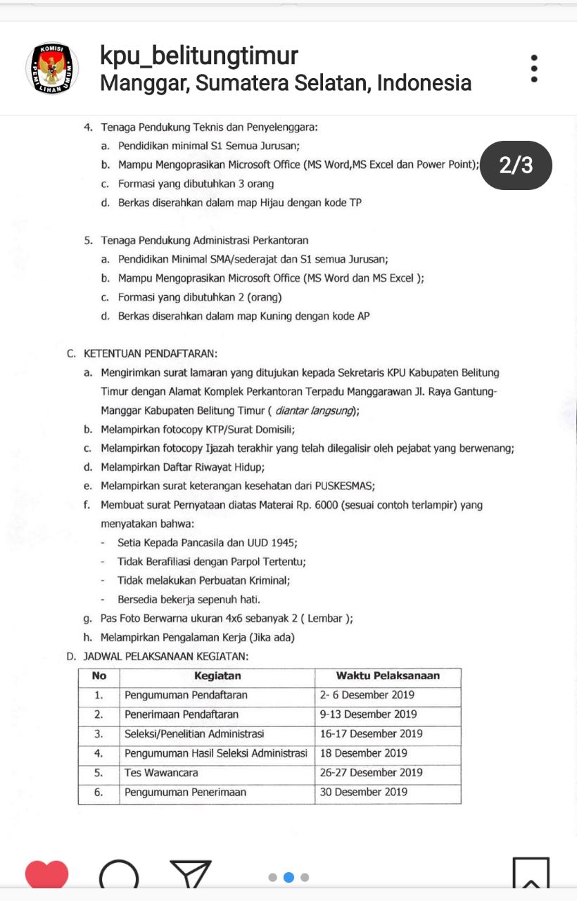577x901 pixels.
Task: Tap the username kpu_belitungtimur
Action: (199, 56)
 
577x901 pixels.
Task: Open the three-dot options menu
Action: (534, 69)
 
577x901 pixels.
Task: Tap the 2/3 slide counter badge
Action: (516, 165)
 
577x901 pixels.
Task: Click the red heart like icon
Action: (46, 875)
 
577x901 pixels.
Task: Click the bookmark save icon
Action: (531, 875)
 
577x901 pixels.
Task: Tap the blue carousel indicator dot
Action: (288, 877)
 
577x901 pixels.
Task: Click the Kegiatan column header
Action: (217, 676)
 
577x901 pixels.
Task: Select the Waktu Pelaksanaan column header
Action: (388, 676)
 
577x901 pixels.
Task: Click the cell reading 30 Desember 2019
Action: (364, 792)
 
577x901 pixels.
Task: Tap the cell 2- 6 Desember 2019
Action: (367, 695)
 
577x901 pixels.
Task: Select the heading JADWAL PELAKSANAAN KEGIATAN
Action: (165, 656)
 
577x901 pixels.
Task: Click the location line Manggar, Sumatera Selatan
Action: (286, 83)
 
